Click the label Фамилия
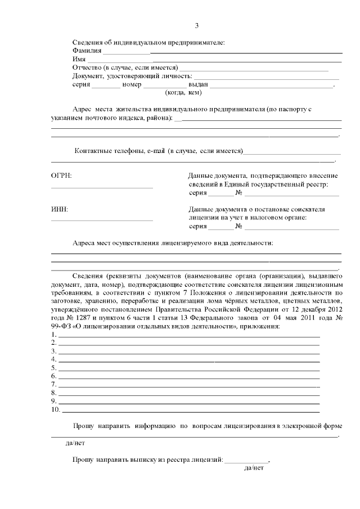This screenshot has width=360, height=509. [87, 51]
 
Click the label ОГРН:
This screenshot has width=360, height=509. [61, 176]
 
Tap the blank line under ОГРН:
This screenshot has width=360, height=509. [102, 187]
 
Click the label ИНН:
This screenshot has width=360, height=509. [60, 209]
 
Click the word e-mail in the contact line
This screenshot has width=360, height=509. [156, 151]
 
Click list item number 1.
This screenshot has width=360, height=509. [53, 335]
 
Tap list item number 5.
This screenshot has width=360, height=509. [53, 368]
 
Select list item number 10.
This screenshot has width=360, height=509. [55, 409]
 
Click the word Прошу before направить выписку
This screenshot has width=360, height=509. [82, 460]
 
